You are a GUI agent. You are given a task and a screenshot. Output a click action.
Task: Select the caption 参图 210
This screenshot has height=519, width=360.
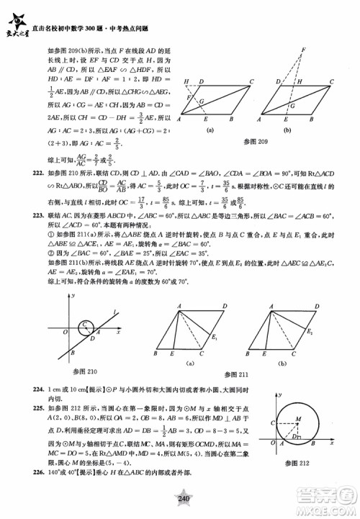tap(84, 371)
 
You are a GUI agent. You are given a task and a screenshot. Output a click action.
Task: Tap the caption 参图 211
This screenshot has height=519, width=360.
tap(235, 374)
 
